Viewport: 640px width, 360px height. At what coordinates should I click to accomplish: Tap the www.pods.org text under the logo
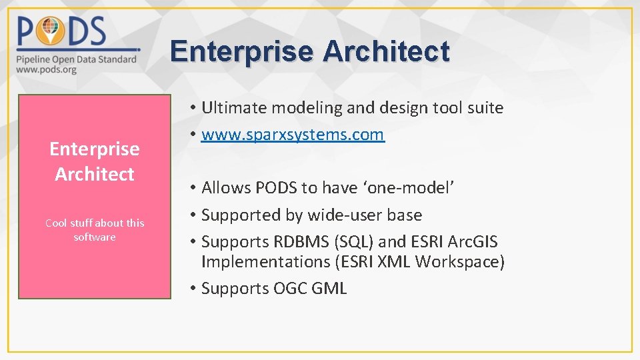pos(46,69)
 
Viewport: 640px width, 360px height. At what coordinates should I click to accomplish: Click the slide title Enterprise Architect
pos(309,51)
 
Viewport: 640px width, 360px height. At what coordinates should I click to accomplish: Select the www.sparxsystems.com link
pos(293,135)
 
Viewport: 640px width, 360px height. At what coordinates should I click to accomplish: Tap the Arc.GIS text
pos(471,241)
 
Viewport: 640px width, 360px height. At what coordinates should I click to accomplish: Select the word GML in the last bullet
pos(329,289)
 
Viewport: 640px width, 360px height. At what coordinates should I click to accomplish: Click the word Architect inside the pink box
pos(95,174)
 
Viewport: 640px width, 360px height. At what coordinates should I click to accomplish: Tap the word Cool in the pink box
pos(56,223)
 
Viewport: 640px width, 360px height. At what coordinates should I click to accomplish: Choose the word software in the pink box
pos(95,237)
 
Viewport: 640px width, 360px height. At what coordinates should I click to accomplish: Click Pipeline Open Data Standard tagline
pos(77,59)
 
